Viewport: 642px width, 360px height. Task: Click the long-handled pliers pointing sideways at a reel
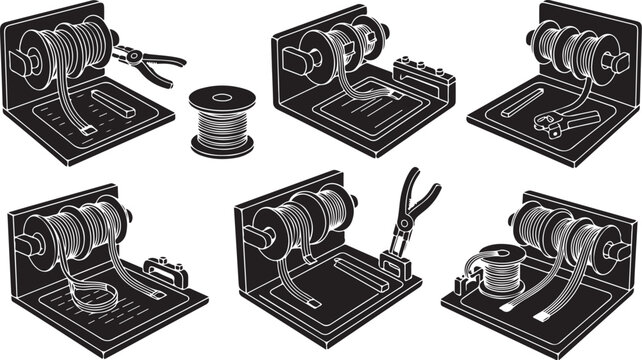147,58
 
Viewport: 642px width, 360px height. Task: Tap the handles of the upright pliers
419,195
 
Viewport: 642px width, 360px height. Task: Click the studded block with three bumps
419,72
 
